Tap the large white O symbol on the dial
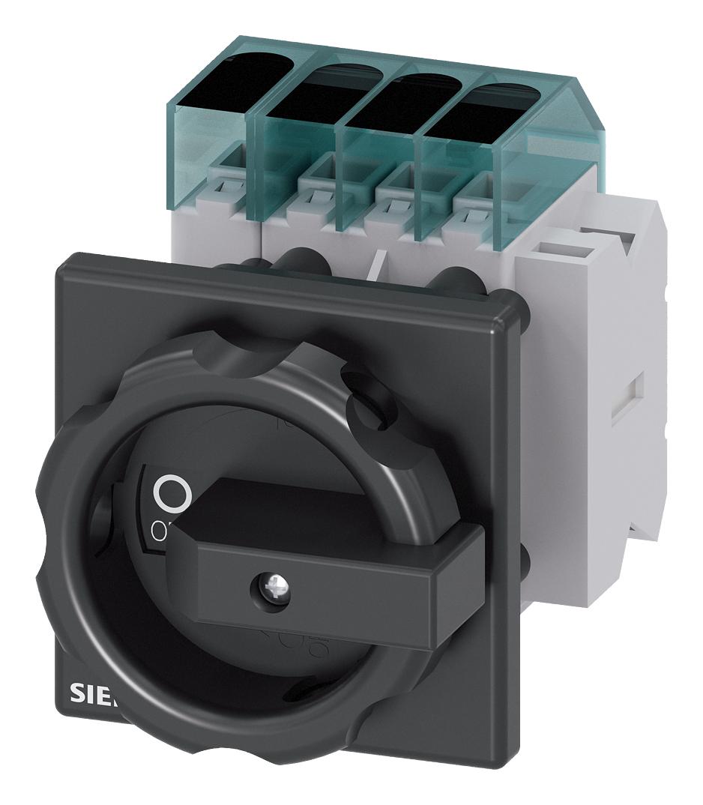[x=172, y=493]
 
